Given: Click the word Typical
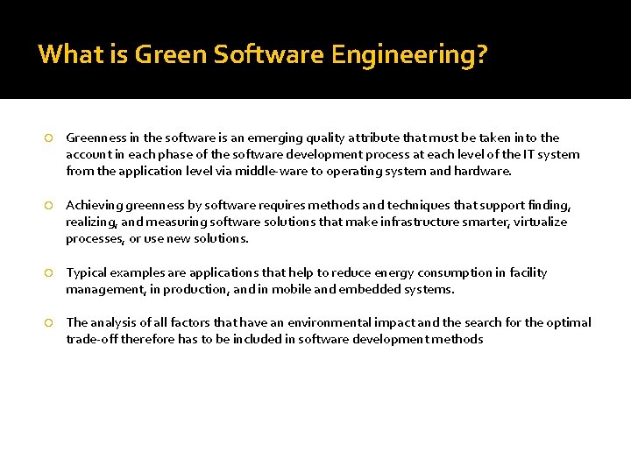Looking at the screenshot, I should click(x=87, y=272).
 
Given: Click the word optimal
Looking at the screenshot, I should click(x=568, y=322).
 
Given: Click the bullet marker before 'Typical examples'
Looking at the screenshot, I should click(x=50, y=273).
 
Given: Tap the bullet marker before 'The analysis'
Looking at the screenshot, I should click(x=50, y=323).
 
